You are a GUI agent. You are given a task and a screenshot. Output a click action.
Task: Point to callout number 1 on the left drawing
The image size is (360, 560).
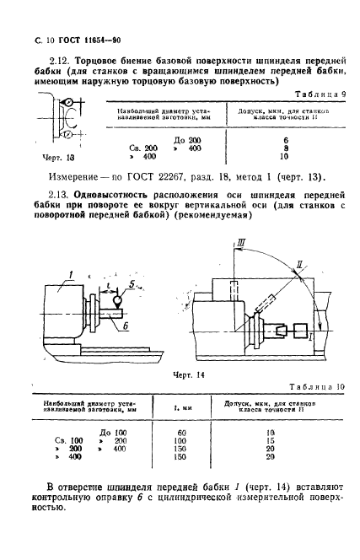(x=51, y=272)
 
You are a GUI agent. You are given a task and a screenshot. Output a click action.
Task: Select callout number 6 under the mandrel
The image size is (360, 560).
(x=124, y=324)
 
